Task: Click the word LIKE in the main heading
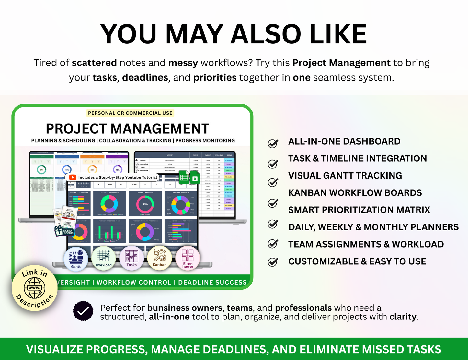338,34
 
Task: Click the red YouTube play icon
73,177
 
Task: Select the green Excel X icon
195,178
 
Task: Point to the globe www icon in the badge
34,288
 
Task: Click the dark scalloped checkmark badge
83,311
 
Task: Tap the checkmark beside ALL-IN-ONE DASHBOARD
273,143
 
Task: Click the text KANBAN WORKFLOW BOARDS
355,193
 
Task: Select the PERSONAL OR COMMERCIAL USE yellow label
130,113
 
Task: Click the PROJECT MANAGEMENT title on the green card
127,129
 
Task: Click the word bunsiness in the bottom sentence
168,308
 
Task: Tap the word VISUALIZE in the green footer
54,349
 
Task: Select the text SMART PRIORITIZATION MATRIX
359,210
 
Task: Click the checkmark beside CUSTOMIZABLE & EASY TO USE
273,261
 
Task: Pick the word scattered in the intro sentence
94,63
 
